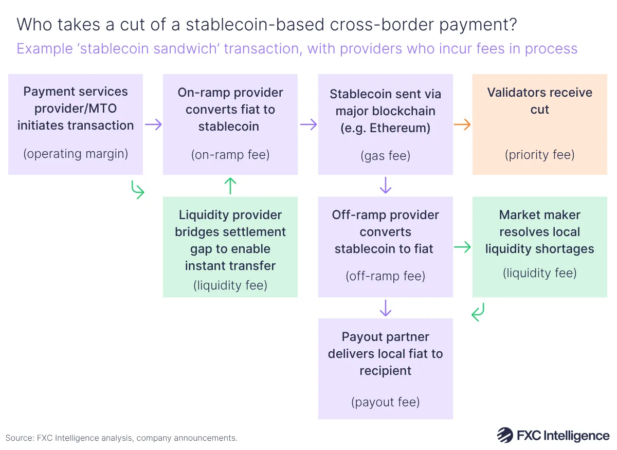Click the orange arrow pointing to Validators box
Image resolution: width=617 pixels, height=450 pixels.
coord(463,124)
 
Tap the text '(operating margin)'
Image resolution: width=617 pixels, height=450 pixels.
coord(76,154)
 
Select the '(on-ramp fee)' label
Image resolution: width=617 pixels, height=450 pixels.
coord(230,155)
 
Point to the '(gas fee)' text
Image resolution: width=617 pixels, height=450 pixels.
coord(385,156)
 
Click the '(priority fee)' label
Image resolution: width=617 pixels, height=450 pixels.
coord(539,155)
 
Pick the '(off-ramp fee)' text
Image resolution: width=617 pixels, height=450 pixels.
coord(385,276)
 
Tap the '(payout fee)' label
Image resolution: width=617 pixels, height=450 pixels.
coord(385,402)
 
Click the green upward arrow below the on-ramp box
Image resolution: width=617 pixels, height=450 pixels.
coord(230,186)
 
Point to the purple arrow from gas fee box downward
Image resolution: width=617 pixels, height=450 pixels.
coord(385,186)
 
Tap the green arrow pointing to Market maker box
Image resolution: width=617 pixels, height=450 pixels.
coord(463,247)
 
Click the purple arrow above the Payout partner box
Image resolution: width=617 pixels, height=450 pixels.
coord(385,308)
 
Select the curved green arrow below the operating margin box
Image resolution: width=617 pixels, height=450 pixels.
coord(138,190)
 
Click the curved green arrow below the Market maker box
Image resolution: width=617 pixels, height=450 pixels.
coord(478,312)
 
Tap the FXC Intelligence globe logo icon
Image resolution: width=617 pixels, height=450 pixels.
coord(505,435)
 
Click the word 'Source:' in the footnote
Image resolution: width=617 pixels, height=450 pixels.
coord(20,438)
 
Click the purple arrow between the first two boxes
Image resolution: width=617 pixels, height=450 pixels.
coord(153,124)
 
